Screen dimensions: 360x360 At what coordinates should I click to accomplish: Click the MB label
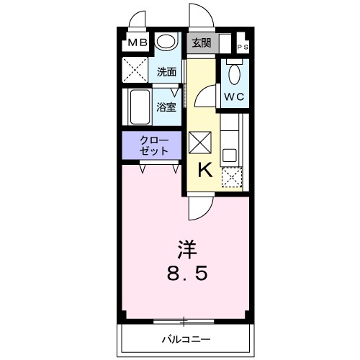pyautogui.click(x=138, y=43)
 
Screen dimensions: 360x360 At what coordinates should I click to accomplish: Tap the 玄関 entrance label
pyautogui.click(x=202, y=42)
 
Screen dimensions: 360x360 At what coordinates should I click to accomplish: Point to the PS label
pyautogui.click(x=243, y=48)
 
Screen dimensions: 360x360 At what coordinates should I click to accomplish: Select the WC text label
pyautogui.click(x=233, y=96)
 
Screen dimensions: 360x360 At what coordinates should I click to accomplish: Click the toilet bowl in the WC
pyautogui.click(x=233, y=73)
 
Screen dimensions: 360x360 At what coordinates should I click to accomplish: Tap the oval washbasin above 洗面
pyautogui.click(x=166, y=43)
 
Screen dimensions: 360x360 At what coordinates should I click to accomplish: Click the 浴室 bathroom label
pyautogui.click(x=166, y=107)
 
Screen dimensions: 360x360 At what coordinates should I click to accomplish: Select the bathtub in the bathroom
pyautogui.click(x=139, y=107)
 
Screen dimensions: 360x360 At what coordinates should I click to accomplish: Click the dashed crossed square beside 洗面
pyautogui.click(x=135, y=71)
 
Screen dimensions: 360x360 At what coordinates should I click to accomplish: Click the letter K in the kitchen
pyautogui.click(x=204, y=170)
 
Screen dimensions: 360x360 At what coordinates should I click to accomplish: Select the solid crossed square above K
pyautogui.click(x=201, y=142)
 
